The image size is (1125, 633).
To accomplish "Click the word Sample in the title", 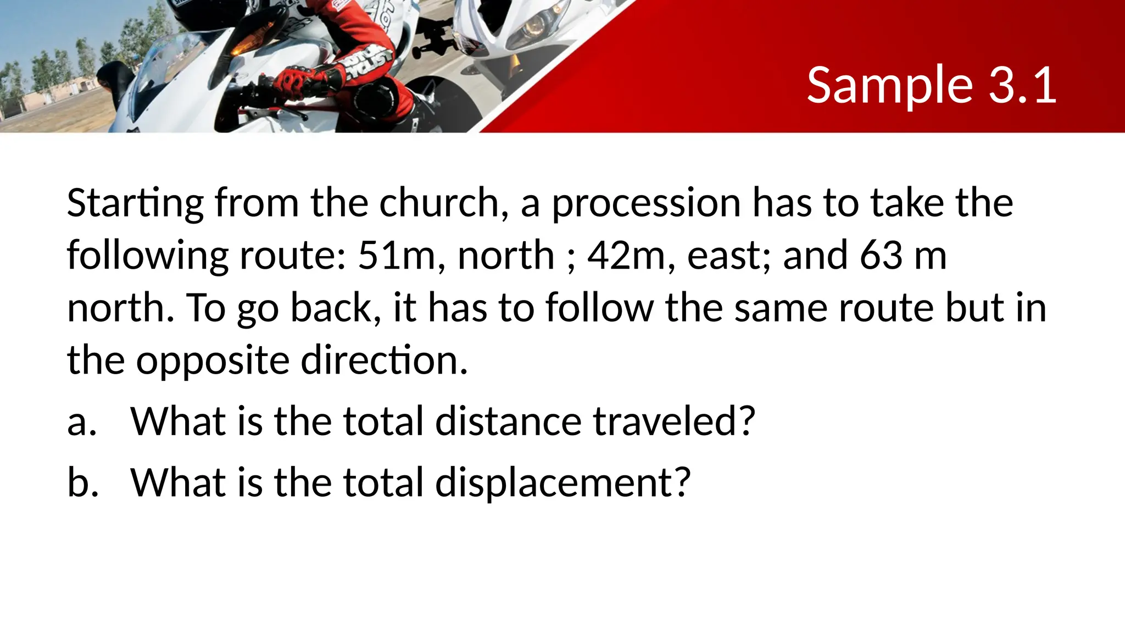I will pyautogui.click(x=890, y=86).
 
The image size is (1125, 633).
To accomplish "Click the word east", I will pyautogui.click(x=728, y=256).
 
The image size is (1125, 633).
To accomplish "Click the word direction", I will pyautogui.click(x=384, y=360).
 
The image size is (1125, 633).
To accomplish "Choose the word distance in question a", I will pyautogui.click(x=508, y=421).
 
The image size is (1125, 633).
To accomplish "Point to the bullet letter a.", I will pyautogui.click(x=82, y=423).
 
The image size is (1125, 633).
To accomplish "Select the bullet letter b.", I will pyautogui.click(x=83, y=482).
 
